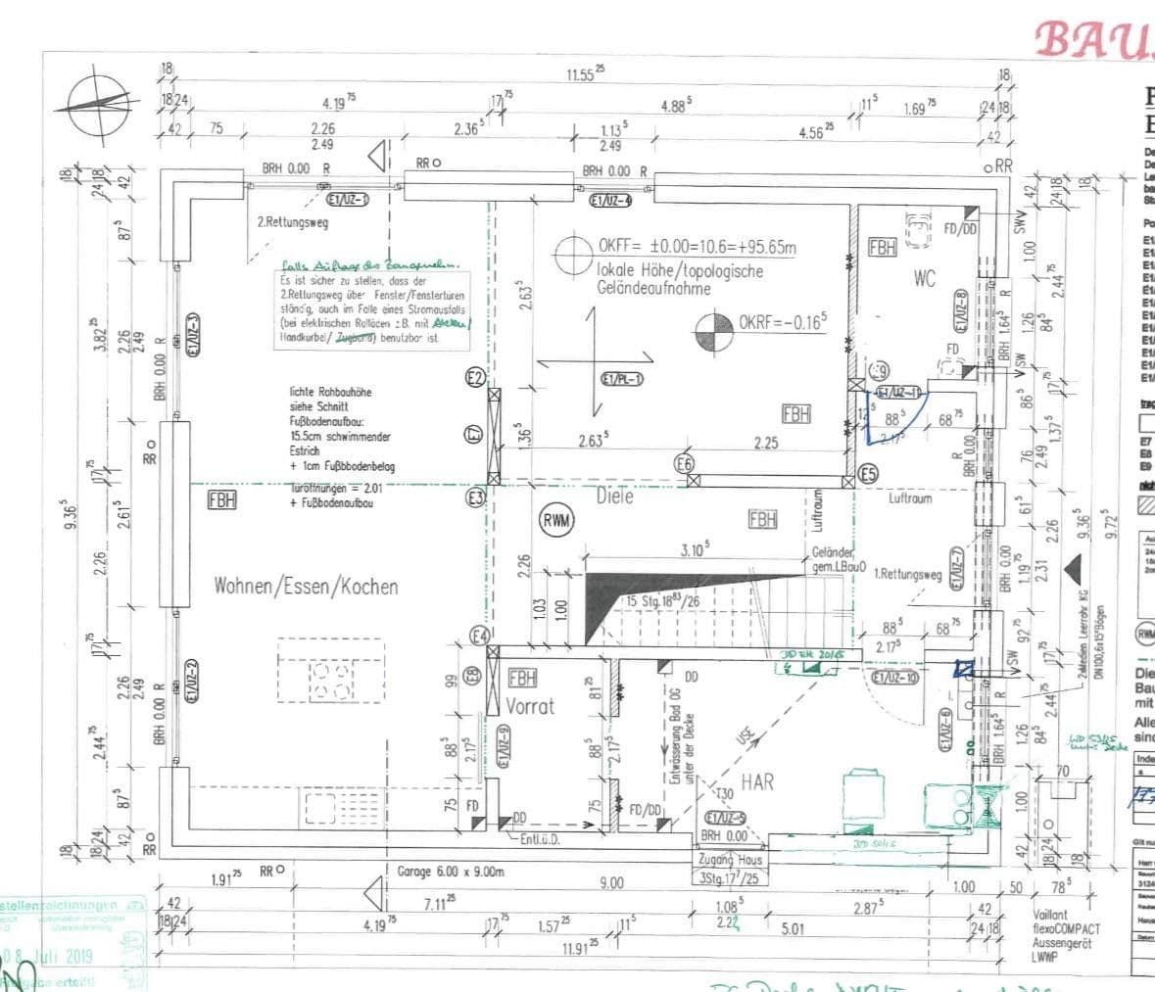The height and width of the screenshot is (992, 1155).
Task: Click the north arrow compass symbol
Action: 95,104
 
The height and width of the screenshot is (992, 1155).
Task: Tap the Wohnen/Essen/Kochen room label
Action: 306,587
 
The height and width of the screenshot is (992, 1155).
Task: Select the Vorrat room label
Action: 530,705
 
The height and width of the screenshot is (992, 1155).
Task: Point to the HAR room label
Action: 757,781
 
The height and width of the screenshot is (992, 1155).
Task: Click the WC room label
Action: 924,279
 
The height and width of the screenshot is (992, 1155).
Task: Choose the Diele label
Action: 615,496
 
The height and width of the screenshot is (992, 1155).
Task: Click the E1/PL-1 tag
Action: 622,379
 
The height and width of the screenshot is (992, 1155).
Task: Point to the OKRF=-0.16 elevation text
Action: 784,321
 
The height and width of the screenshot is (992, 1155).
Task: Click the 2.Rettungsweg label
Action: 293,222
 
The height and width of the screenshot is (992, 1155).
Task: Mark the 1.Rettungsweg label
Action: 907,576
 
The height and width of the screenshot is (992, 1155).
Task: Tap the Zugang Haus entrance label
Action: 725,859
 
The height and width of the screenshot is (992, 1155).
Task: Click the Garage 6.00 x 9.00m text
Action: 450,871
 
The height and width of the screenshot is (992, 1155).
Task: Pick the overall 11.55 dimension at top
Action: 585,74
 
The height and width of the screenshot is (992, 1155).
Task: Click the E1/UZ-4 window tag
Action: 610,201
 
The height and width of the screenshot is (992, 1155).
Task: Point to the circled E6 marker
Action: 685,463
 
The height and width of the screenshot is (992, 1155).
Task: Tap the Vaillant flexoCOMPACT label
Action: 1066,928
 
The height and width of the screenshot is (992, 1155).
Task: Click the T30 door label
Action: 724,793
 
